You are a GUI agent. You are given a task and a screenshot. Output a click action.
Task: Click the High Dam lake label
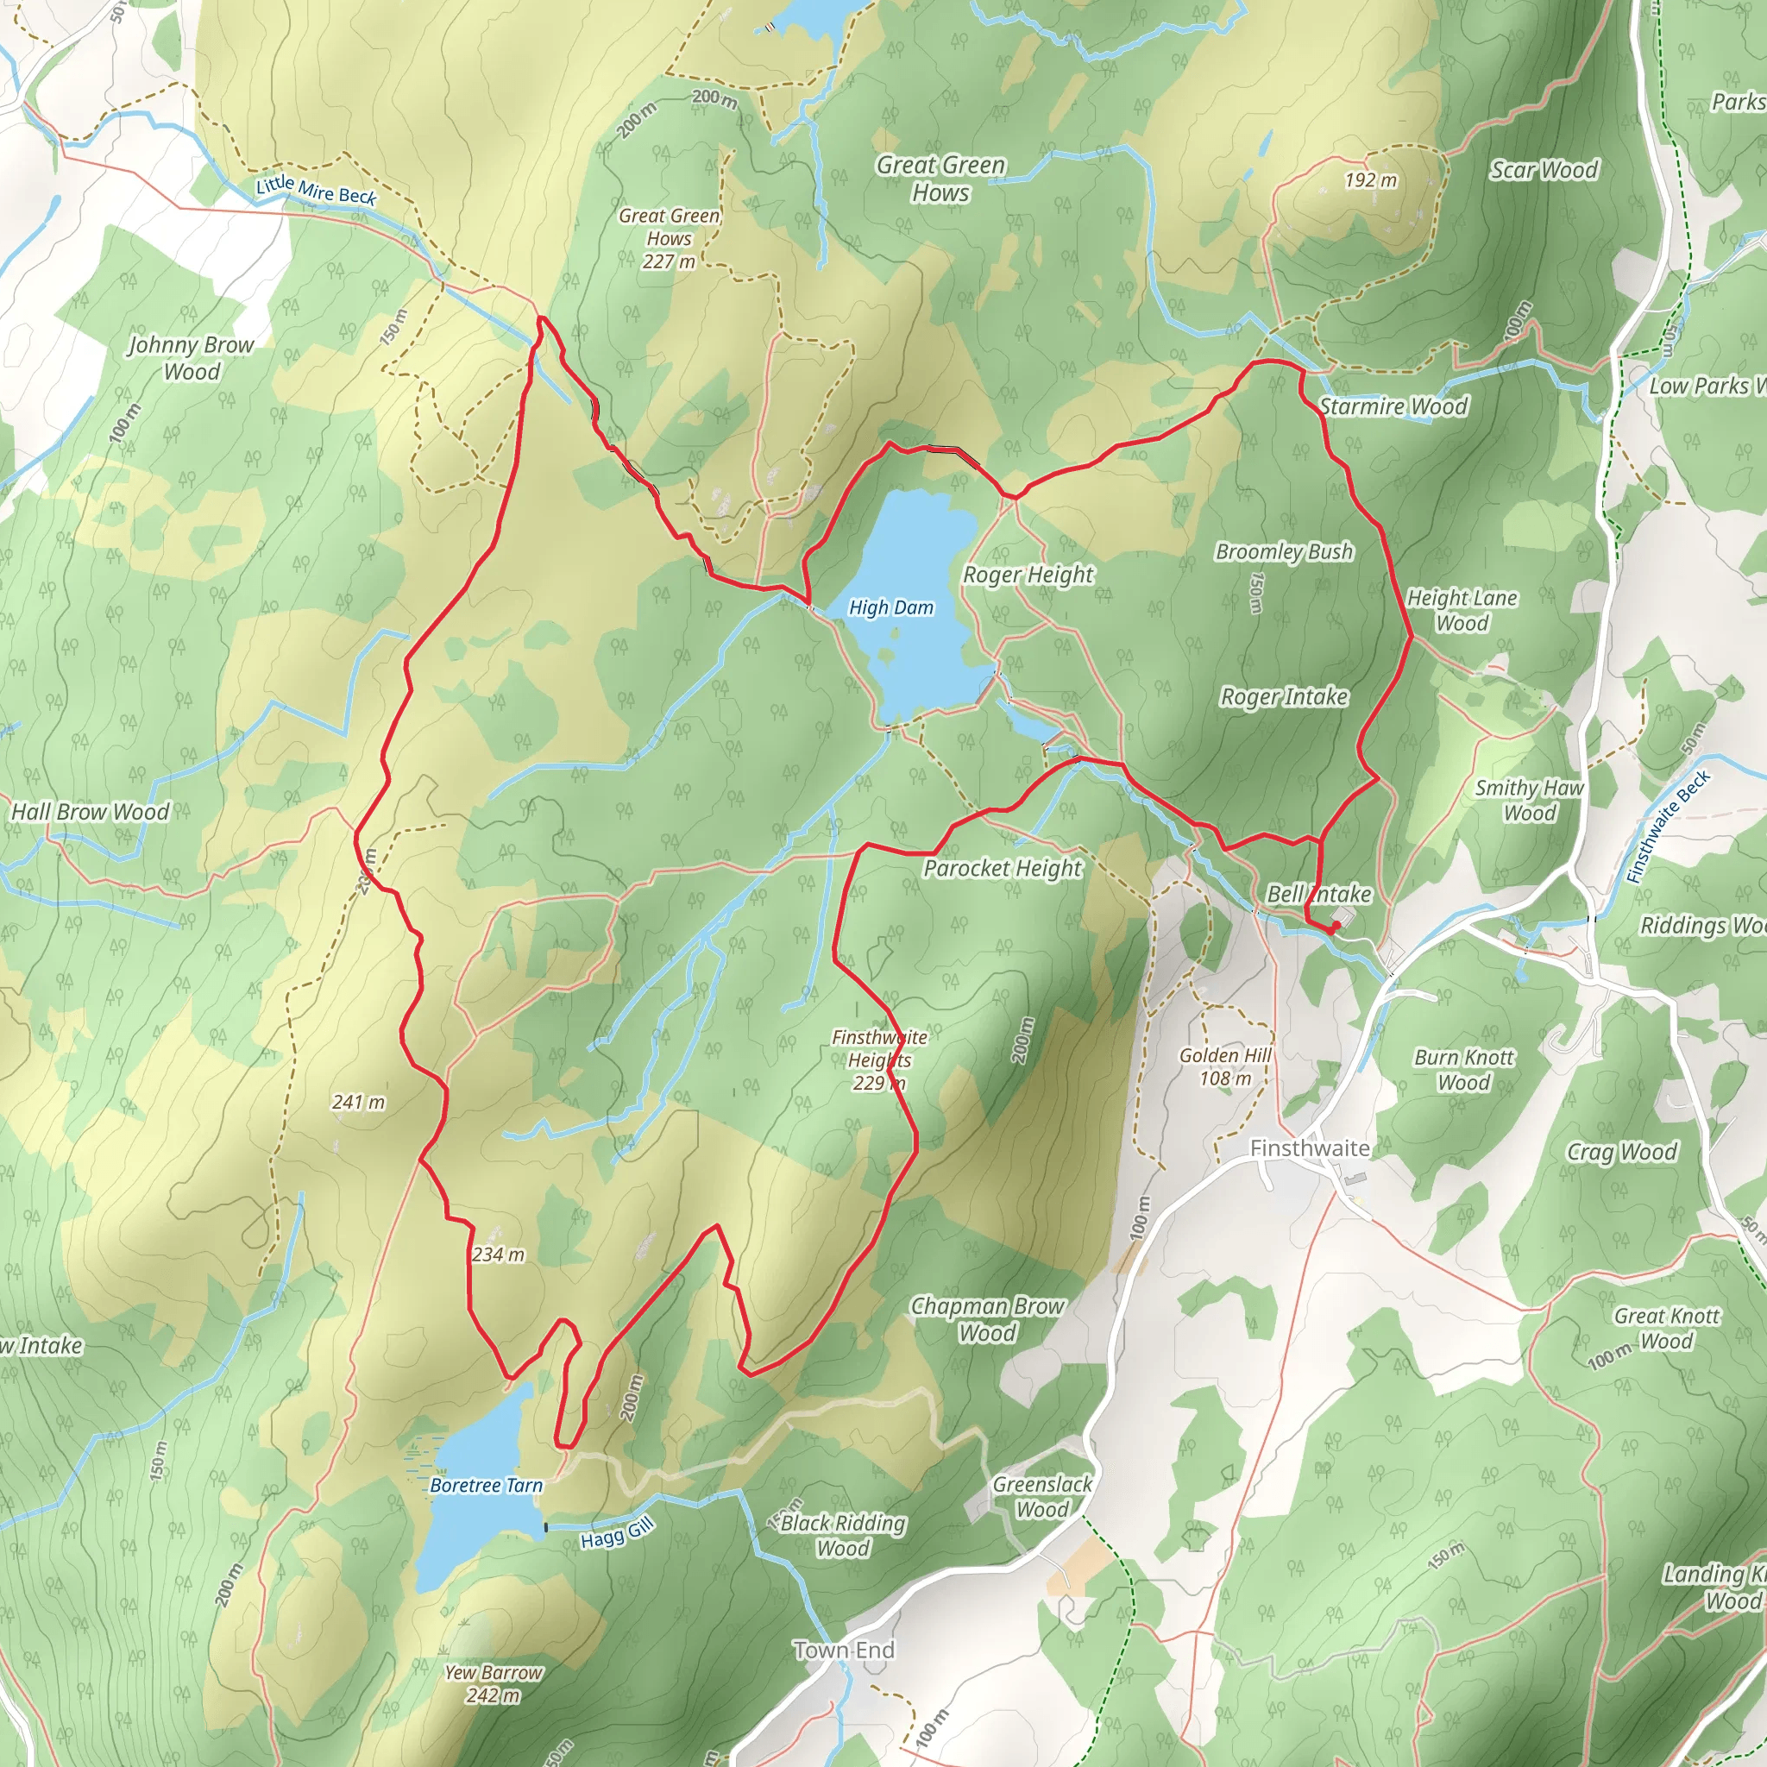pos(890,607)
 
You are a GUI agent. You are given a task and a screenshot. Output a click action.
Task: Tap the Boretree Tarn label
pos(486,1486)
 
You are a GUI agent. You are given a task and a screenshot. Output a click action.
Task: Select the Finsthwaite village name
pos(1309,1148)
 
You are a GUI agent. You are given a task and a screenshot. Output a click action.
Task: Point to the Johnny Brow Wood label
pos(192,357)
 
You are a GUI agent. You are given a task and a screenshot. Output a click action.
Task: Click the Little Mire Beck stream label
pos(316,189)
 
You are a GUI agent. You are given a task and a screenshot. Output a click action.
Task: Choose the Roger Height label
pos(1028,575)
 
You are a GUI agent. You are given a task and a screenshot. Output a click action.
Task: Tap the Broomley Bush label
pos(1283,551)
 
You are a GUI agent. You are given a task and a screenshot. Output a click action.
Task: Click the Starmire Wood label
pos(1393,406)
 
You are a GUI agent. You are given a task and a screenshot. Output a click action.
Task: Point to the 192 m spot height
pos(1370,180)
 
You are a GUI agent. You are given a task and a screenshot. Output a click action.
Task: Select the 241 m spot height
pos(359,1102)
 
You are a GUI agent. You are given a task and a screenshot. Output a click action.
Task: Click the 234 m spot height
pos(499,1255)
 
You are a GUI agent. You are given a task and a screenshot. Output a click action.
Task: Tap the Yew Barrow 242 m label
pos(493,1682)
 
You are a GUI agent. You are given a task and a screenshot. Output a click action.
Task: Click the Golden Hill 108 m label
pos(1224,1066)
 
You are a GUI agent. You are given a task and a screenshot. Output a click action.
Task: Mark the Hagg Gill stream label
pos(618,1533)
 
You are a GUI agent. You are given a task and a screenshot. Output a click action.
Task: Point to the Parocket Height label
pos(1003,868)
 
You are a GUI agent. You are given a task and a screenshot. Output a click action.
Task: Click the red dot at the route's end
pos(1336,926)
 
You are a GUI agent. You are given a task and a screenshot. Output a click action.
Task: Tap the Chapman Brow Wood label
pos(987,1319)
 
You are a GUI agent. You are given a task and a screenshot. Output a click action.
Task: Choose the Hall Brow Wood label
pos(91,811)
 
